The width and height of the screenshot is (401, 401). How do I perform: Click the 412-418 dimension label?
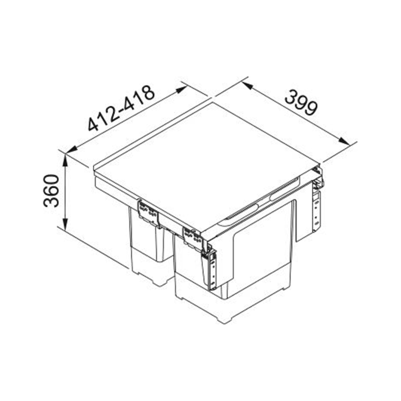point(121,108)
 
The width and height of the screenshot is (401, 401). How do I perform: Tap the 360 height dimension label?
point(51,190)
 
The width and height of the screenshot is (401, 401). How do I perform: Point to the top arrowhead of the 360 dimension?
point(66,159)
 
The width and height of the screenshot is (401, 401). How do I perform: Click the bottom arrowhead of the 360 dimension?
point(66,224)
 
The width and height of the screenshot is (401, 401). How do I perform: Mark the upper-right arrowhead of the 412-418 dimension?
point(182,90)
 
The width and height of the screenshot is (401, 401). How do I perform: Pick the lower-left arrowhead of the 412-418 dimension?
point(71,150)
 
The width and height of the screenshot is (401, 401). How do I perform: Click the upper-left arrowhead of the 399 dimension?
point(248,85)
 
